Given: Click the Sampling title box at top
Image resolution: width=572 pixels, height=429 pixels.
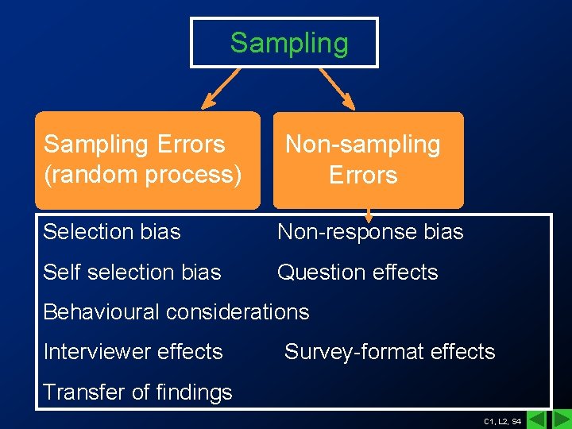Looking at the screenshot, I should click(x=284, y=42).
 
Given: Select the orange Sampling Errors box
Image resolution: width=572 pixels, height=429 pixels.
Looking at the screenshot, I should click(x=148, y=160).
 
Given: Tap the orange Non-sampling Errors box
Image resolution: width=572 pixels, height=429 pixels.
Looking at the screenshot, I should click(x=368, y=160).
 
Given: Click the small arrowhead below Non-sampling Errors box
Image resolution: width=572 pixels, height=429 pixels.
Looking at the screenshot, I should click(x=368, y=216).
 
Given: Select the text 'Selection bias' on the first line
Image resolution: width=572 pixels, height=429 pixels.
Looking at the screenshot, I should click(x=112, y=232).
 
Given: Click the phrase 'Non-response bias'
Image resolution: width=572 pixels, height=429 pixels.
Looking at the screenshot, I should click(x=369, y=232).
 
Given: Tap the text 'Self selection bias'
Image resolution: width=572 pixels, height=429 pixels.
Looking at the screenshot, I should click(x=132, y=272).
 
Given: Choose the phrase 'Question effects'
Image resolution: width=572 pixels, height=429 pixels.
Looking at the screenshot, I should click(x=357, y=272).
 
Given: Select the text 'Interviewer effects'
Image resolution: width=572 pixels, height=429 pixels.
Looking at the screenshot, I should click(x=133, y=352).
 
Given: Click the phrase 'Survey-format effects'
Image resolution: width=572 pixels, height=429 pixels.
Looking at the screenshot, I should click(x=389, y=352).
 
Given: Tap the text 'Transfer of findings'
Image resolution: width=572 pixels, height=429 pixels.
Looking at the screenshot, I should click(x=137, y=392).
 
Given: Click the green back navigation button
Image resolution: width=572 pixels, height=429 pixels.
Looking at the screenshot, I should click(x=538, y=419).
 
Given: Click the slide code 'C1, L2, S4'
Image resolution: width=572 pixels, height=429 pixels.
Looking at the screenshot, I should click(x=502, y=420).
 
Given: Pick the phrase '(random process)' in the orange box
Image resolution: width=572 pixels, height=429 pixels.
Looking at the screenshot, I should click(x=143, y=175).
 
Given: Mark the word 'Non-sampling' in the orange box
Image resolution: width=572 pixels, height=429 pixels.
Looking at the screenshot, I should click(x=363, y=145).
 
